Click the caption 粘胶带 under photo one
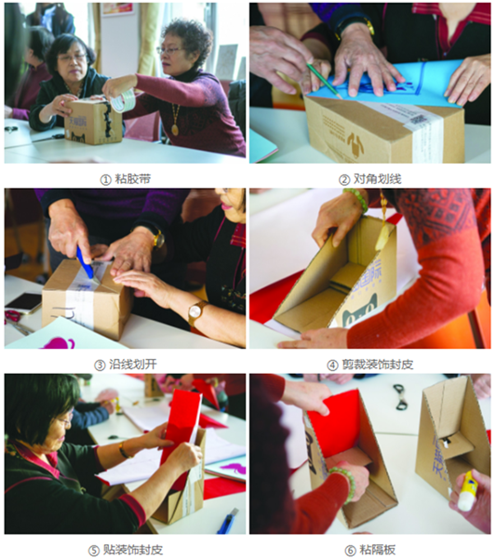133,179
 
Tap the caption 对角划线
378,179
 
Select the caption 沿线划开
133,365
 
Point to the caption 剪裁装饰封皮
378,365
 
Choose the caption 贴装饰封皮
133,550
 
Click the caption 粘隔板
378,550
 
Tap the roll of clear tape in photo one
122,100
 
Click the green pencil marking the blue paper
324,81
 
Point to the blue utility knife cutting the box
85,262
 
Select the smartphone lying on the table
24,302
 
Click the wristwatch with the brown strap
196,312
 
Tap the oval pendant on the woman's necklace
175,129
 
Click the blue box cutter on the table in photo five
227,520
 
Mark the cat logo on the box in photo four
359,311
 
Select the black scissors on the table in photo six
401,396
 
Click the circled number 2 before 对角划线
344,179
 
